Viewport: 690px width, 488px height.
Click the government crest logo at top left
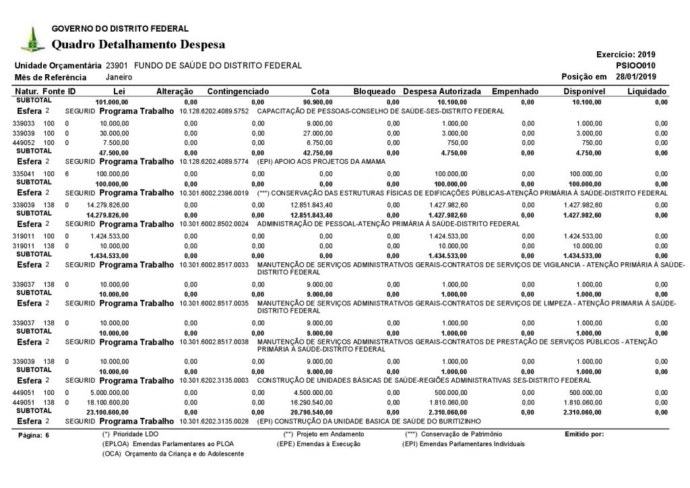point(30,40)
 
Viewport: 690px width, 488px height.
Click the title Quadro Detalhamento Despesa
point(138,44)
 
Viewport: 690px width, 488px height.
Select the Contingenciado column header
point(239,91)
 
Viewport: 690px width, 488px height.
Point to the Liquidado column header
point(647,91)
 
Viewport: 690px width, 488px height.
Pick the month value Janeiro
point(119,77)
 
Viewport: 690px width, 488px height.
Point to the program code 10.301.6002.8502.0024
point(215,223)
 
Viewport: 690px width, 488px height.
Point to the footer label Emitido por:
point(584,434)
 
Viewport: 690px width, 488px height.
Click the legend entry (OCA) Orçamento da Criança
point(172,454)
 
